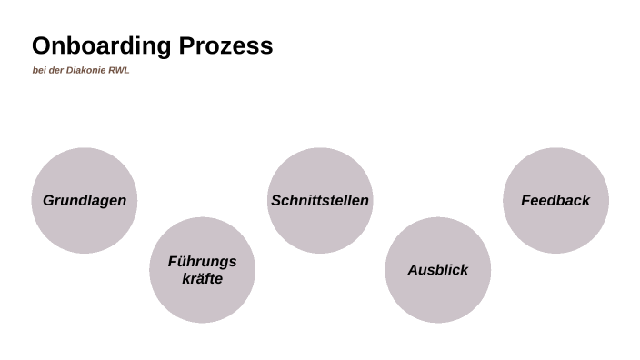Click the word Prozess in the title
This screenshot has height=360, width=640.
click(x=230, y=46)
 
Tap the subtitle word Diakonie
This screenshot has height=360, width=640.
click(x=85, y=71)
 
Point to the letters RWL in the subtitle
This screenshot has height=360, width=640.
click(x=119, y=71)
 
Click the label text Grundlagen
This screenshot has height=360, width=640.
click(x=85, y=201)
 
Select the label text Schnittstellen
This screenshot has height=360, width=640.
click(x=320, y=201)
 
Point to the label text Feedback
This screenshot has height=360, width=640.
click(x=555, y=201)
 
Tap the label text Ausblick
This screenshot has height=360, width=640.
click(x=437, y=270)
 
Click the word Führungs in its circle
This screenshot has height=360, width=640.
click(x=202, y=262)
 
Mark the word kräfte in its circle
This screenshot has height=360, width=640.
click(x=202, y=279)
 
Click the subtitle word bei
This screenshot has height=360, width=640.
click(x=38, y=71)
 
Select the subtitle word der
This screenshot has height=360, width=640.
click(x=55, y=71)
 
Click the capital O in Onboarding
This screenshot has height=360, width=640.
click(x=41, y=46)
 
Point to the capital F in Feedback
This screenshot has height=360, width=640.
click(x=525, y=201)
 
